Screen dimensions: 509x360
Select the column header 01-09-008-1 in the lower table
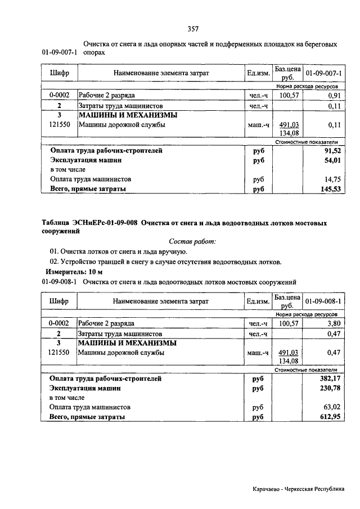323,301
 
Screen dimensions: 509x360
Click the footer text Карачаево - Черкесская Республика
298,489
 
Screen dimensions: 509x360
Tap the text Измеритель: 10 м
71,272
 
